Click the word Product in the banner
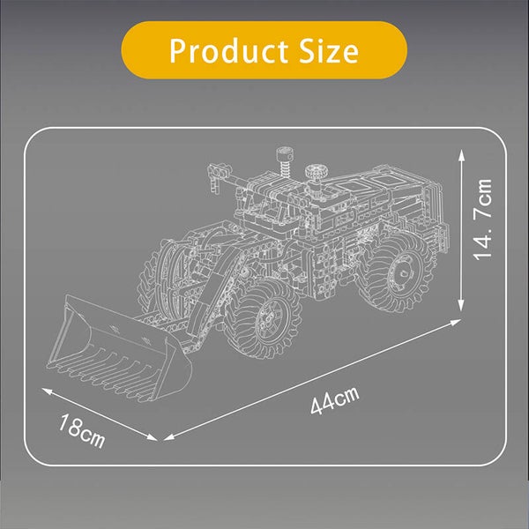228,50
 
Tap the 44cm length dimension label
335,400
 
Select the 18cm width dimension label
81,432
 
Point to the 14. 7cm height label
482,220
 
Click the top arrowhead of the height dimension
461,155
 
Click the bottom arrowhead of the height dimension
461,305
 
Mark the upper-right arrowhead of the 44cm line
455,322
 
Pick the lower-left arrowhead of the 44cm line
168,437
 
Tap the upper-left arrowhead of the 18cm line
47,391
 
